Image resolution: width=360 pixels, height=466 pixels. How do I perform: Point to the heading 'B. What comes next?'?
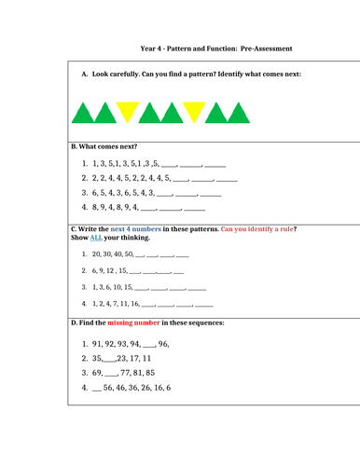[x=104, y=146]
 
